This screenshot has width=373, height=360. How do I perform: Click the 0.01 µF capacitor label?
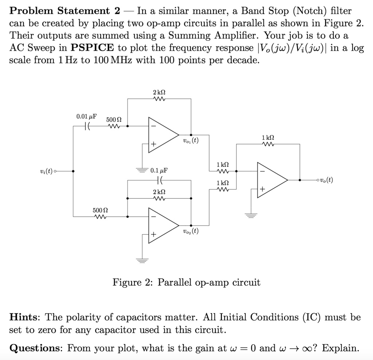tap(87, 116)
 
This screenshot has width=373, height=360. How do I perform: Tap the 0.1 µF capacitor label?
tap(159, 170)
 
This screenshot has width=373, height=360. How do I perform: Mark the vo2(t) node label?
tap(191, 231)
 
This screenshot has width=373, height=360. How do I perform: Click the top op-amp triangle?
tap(162, 134)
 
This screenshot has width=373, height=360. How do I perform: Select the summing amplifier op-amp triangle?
tap(271, 180)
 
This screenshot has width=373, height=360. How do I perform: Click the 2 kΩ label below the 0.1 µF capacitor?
tap(159, 191)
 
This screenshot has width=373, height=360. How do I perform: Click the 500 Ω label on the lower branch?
tap(100, 210)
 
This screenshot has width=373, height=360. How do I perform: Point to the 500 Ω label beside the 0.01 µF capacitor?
tap(114, 119)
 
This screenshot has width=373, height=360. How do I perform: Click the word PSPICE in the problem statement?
tap(92, 48)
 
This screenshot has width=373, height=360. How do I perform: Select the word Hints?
tap(24, 317)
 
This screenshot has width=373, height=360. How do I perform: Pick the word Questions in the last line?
tap(36, 348)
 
